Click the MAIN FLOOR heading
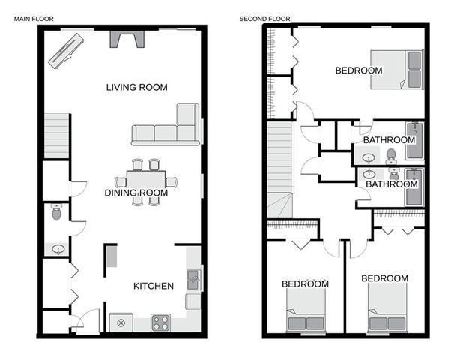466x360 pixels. click(34, 19)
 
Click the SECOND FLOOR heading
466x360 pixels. click(264, 19)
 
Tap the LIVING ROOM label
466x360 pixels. click(137, 87)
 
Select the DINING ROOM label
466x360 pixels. click(136, 193)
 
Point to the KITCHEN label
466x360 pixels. click(154, 286)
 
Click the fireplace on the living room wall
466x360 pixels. click(127, 39)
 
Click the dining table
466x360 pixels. click(146, 182)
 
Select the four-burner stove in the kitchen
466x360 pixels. click(160, 322)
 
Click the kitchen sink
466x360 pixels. click(193, 280)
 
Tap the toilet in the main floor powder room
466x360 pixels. click(56, 212)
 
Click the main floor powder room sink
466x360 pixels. click(58, 249)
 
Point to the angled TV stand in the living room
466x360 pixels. click(66, 51)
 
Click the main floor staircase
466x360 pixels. click(57, 136)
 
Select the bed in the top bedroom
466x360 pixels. click(397, 70)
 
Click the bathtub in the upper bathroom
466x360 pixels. click(415, 141)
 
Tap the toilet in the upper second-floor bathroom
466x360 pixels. click(390, 157)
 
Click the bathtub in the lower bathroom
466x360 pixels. click(414, 187)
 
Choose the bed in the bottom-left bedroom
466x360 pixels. click(306, 310)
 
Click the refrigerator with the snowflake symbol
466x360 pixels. click(121, 322)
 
